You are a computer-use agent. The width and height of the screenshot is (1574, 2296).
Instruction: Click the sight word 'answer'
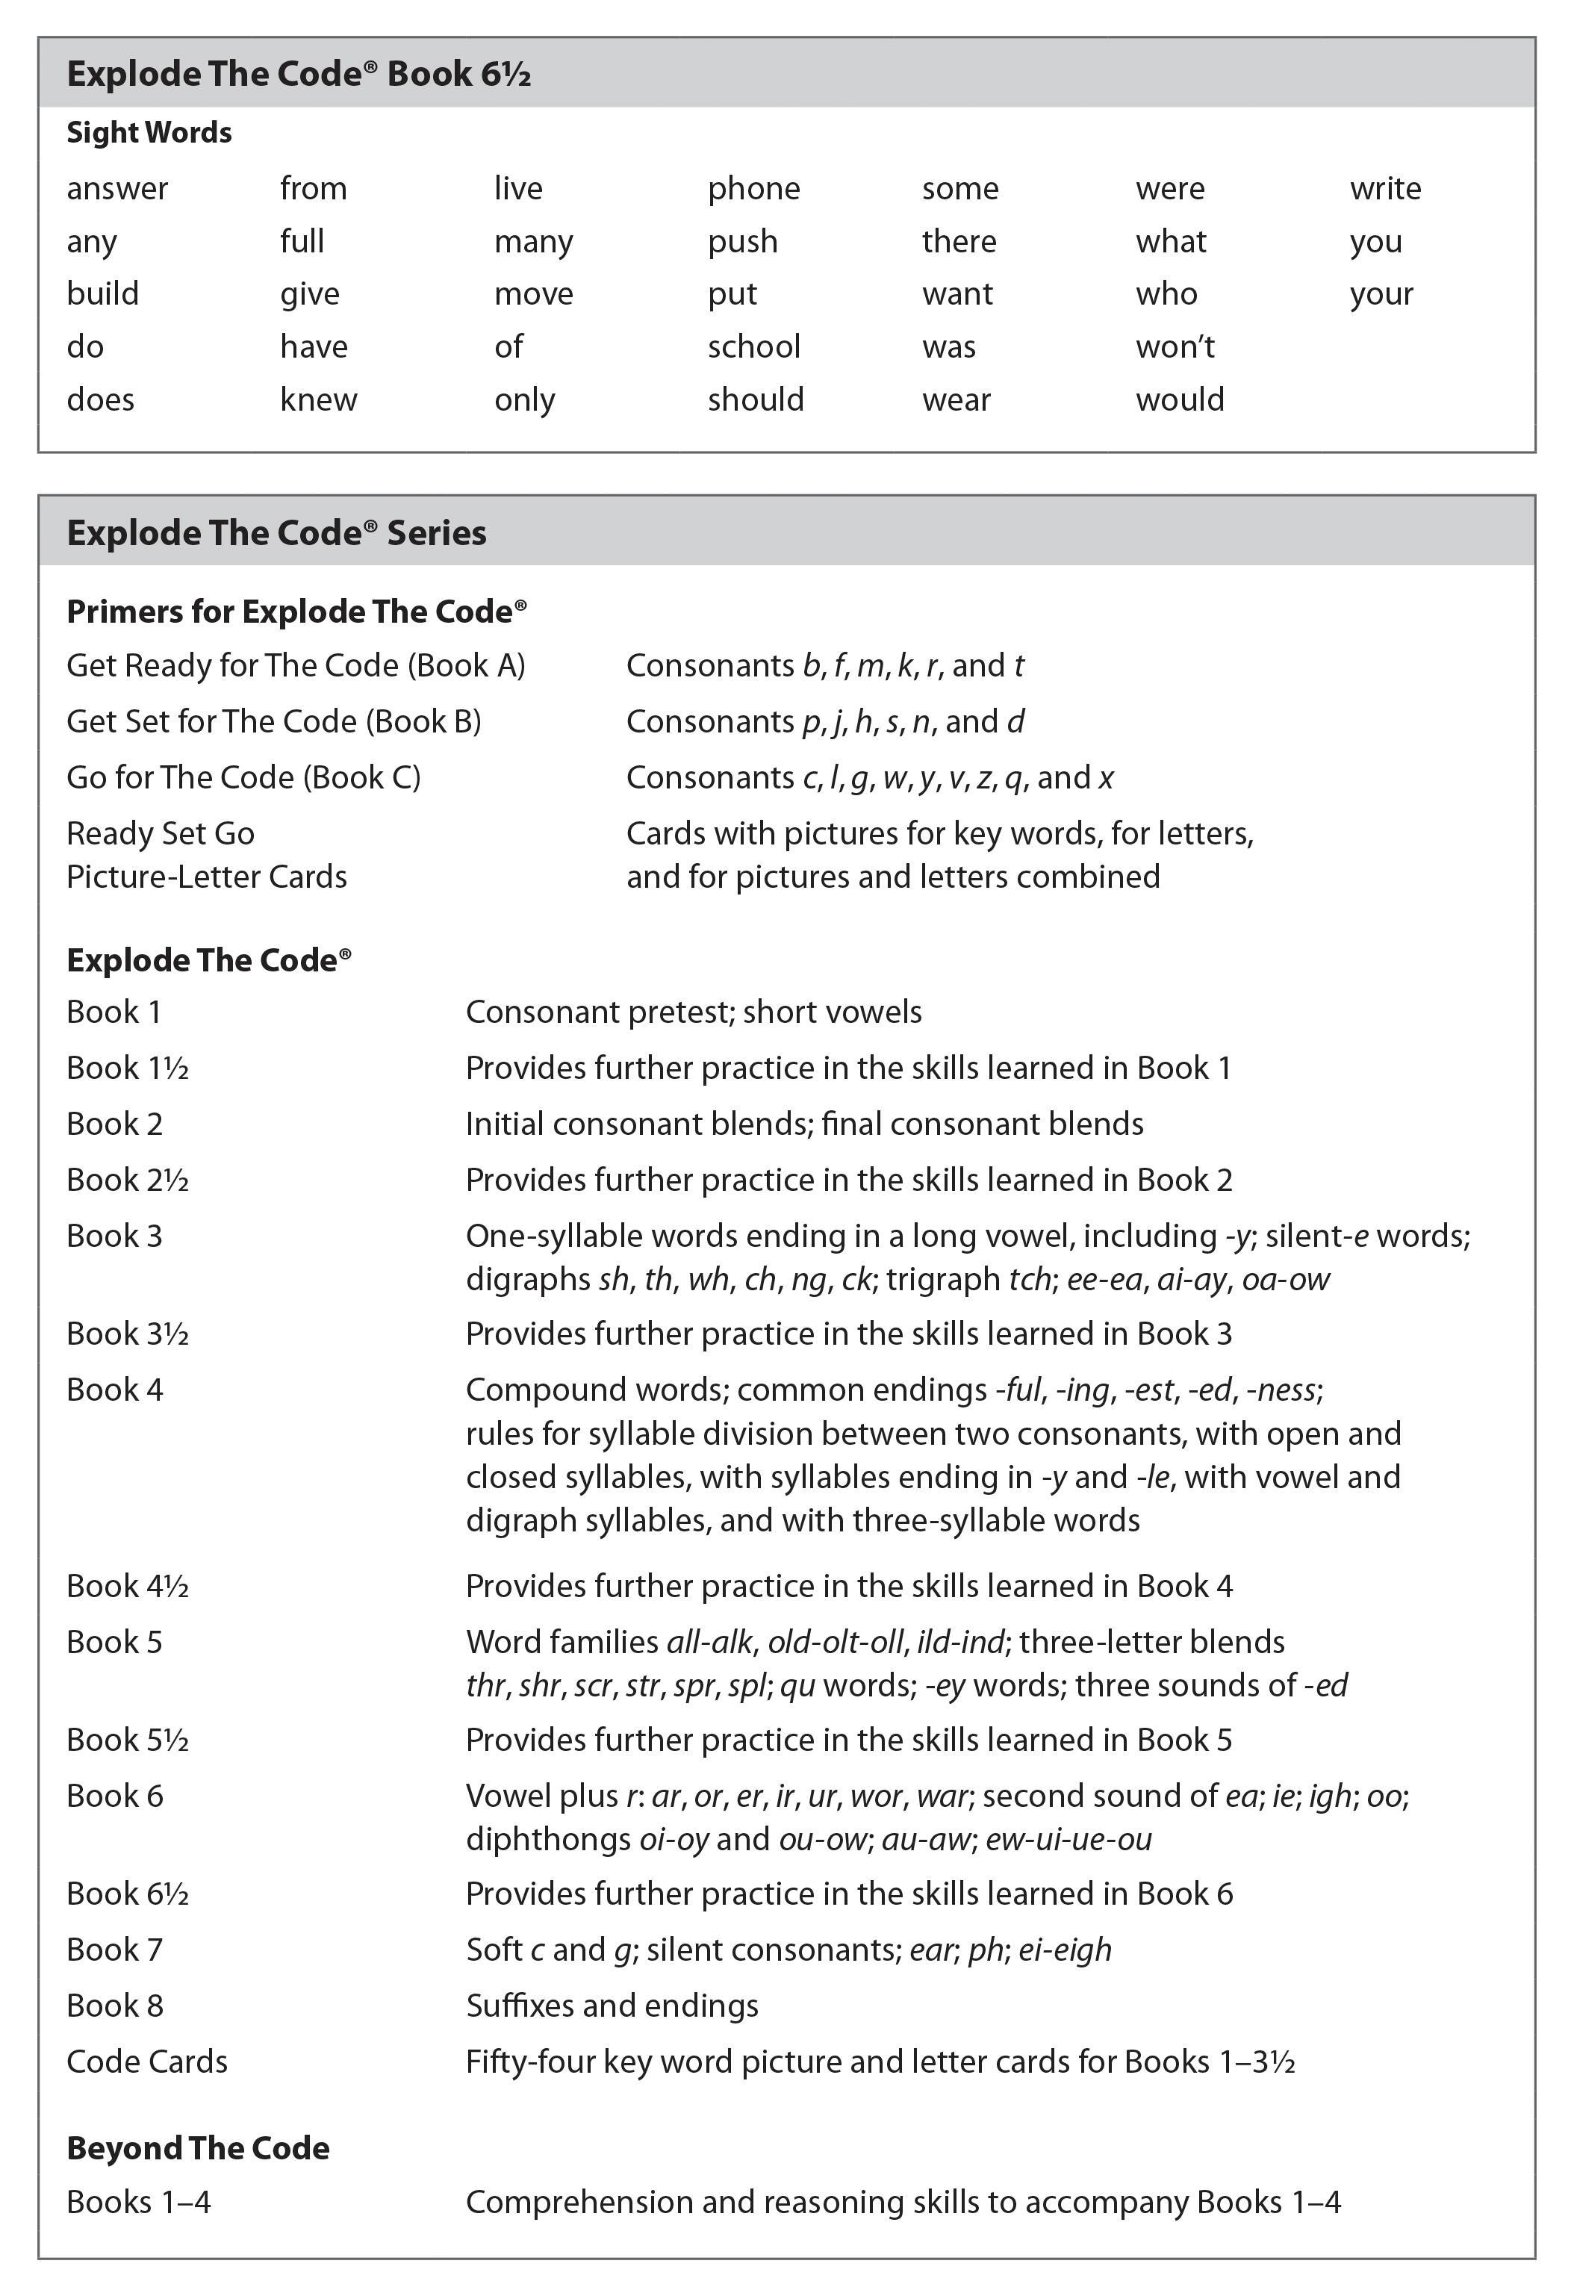coord(116,189)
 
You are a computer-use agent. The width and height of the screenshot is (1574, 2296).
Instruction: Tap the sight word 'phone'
coord(753,189)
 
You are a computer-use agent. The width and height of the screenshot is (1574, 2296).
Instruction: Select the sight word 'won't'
coord(1175,346)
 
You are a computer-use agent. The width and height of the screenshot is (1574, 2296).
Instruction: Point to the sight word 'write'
coord(1384,189)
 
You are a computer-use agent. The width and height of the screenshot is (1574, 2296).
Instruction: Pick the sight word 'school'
coord(753,346)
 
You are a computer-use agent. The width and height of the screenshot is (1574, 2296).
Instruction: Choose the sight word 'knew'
coord(318,399)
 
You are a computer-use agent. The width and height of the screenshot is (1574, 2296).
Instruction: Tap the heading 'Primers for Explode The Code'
coord(296,612)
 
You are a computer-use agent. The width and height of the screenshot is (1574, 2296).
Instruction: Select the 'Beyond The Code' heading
coord(198,2148)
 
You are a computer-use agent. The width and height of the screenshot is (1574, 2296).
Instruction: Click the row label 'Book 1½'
coord(128,1068)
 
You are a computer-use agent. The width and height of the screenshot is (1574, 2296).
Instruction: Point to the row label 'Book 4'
coord(115,1390)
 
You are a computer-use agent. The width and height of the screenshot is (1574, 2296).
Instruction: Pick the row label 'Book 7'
coord(115,1950)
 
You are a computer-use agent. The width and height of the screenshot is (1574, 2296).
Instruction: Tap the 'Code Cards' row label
coord(146,2062)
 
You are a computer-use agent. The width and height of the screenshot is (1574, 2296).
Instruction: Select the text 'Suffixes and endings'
coord(612,2006)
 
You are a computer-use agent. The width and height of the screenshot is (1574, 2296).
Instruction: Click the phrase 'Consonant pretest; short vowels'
coord(693,1012)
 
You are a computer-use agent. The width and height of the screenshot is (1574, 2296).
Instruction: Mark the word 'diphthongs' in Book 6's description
coord(547,1840)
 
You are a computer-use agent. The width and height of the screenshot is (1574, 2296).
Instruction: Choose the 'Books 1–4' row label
coord(138,2202)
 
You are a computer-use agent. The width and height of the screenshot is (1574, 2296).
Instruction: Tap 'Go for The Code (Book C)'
coord(243,777)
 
